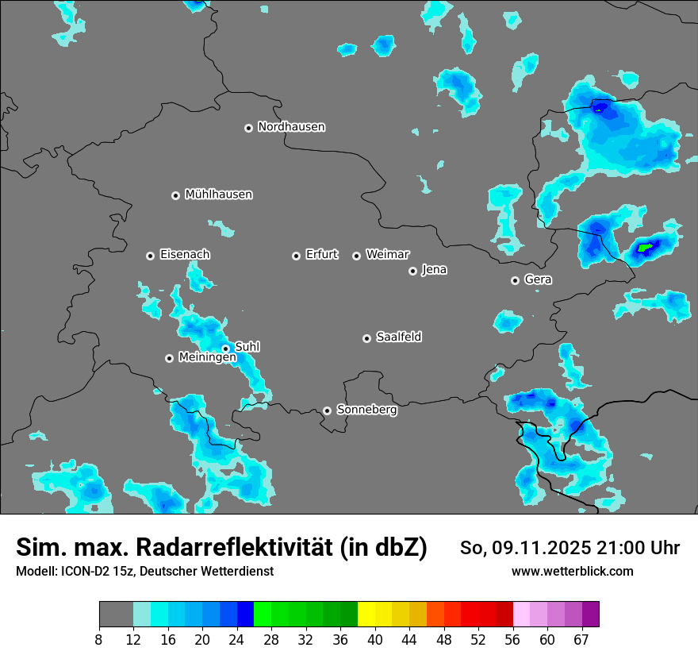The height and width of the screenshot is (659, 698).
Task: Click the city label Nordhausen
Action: (x=291, y=127)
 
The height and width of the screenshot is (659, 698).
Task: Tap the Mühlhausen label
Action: (x=218, y=195)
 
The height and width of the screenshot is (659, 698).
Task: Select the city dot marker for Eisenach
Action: (x=150, y=256)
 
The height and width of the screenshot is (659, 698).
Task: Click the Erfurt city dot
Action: (x=296, y=256)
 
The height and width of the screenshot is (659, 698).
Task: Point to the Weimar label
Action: (x=387, y=255)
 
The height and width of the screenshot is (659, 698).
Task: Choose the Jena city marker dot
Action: (x=412, y=271)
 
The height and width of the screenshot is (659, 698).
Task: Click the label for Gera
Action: (x=538, y=279)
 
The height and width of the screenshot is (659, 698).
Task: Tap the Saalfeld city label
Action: (x=398, y=337)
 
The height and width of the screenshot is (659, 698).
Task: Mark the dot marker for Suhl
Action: (x=225, y=348)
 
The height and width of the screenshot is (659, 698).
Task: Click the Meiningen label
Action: (x=207, y=358)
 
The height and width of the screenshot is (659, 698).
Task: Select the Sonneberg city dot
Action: (x=327, y=410)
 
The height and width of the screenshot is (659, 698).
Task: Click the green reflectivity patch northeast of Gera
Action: (x=645, y=249)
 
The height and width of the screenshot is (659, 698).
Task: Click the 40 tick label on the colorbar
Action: (x=375, y=639)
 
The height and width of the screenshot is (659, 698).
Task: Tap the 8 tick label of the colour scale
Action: (x=99, y=639)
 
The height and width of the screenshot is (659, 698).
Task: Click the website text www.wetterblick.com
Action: (x=573, y=572)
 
